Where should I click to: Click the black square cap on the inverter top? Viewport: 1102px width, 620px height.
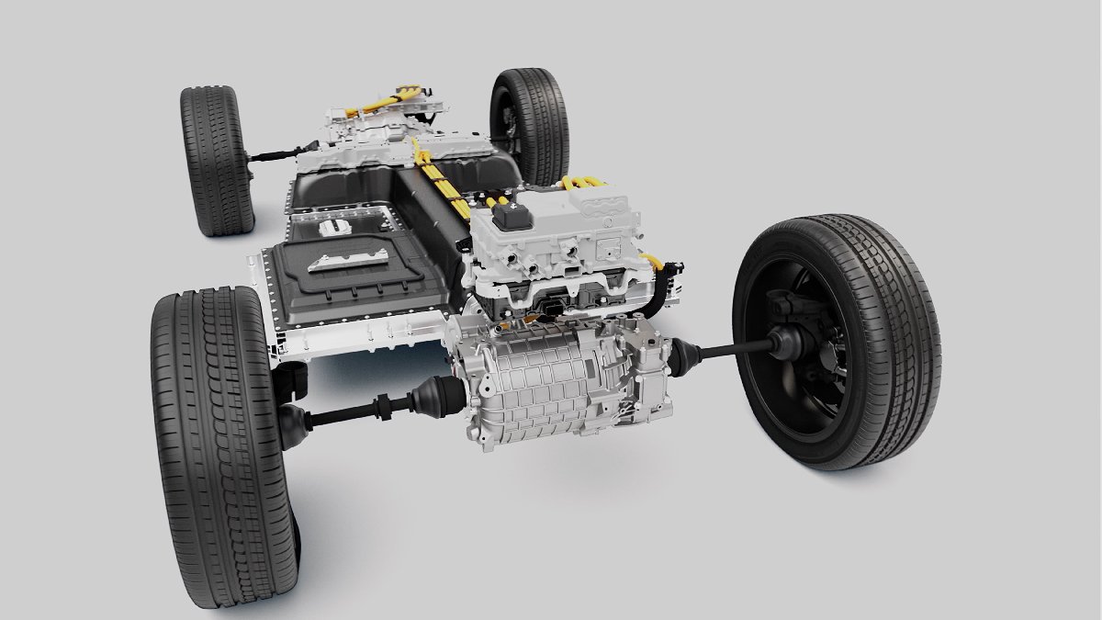coord(512,217)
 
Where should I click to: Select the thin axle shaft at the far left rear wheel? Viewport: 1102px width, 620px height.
coord(279,152)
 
